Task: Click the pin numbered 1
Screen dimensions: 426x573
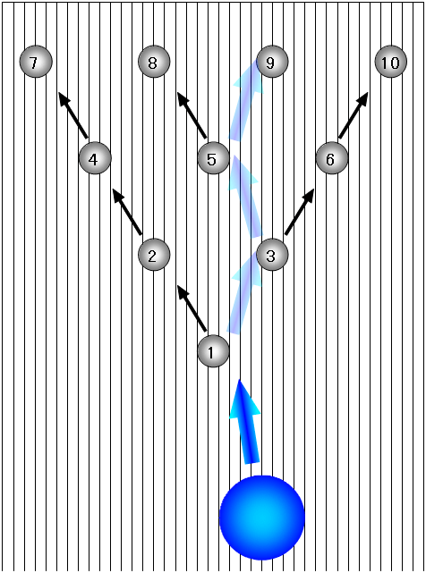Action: click(213, 351)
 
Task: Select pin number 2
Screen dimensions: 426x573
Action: click(154, 255)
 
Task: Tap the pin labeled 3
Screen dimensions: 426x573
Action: click(272, 255)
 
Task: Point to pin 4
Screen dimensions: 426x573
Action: click(95, 158)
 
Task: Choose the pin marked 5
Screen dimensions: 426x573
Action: click(213, 158)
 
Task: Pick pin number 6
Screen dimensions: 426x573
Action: click(331, 158)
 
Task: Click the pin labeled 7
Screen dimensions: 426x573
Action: click(36, 62)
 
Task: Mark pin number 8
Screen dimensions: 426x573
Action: click(154, 62)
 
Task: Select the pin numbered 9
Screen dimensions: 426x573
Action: click(272, 62)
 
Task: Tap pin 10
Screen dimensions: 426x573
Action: click(391, 62)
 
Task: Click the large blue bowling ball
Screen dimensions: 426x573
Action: click(262, 518)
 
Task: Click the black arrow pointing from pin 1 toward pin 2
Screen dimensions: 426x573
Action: click(192, 308)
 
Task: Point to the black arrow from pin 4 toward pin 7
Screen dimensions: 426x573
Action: click(73, 115)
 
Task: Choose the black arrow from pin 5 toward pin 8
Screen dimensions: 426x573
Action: click(192, 115)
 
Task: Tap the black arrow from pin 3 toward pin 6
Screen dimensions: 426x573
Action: click(300, 212)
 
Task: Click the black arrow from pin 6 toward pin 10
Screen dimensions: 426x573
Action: click(354, 115)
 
